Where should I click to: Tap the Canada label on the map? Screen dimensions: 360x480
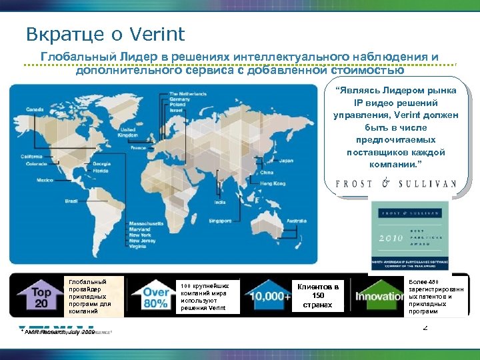pos(35,109)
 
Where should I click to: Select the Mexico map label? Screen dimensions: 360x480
pos(45,180)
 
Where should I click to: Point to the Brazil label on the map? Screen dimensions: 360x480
pos(71,201)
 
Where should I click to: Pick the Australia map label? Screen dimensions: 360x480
pos(297,221)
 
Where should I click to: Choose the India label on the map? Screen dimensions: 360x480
pos(219,202)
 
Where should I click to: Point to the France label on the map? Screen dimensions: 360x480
pos(139,147)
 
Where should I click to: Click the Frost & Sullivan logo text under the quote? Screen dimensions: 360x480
pos(396,183)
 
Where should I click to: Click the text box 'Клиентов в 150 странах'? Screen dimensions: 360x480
pos(318,296)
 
